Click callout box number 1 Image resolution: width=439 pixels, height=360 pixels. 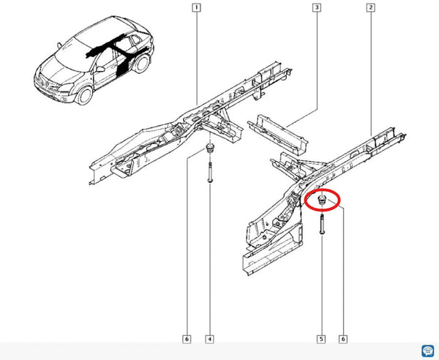(196, 7)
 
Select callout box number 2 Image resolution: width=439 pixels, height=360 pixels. (370, 7)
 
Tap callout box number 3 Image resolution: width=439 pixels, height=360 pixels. (317, 7)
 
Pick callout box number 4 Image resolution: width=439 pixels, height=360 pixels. (210, 340)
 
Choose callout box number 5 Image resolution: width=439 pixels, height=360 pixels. (321, 340)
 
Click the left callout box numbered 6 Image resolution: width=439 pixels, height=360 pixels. (187, 340)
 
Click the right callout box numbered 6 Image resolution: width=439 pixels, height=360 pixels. (343, 340)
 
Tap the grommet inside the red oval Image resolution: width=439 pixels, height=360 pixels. (322, 200)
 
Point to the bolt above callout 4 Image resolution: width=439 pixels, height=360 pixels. (210, 172)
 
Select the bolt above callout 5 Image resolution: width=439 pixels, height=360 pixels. (322, 224)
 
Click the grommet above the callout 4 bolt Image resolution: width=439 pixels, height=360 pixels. (210, 148)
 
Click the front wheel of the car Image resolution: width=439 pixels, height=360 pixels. (84, 95)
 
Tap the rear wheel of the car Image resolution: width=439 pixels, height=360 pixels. (141, 63)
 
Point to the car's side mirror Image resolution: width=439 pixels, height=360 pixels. (100, 69)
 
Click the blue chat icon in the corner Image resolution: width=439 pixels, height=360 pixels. (427, 351)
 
